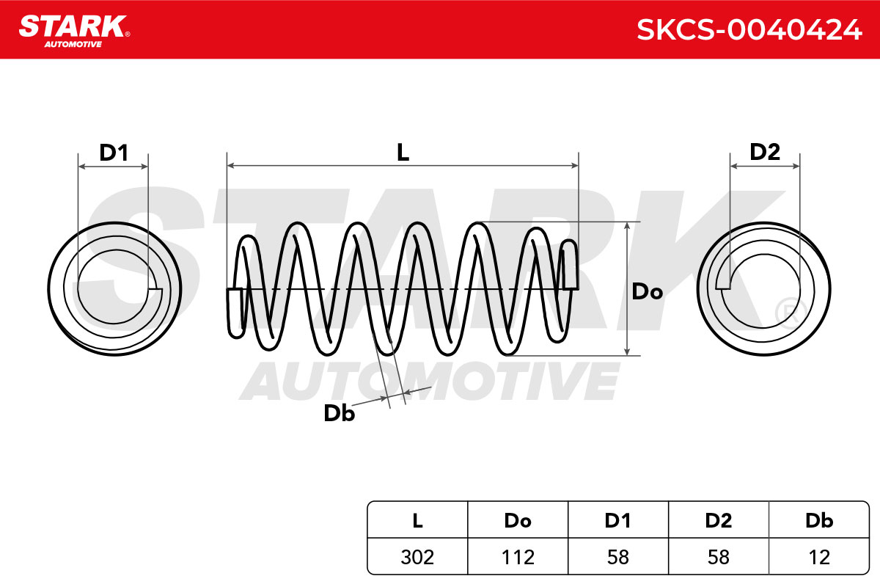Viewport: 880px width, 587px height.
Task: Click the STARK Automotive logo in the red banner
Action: [x=74, y=31]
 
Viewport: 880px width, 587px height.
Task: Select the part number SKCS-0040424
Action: [x=749, y=30]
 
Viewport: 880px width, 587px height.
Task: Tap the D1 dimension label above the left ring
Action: [x=114, y=153]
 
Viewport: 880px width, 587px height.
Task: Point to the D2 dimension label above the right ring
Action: [x=764, y=152]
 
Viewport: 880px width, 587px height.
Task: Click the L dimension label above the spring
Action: [x=403, y=152]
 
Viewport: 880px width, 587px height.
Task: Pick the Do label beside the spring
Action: [x=647, y=292]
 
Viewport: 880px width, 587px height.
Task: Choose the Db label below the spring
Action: [x=339, y=413]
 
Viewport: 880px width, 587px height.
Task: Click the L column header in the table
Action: [x=417, y=520]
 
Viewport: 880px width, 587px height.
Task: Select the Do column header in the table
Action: [x=518, y=520]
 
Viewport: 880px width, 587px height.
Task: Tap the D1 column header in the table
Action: [x=618, y=520]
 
